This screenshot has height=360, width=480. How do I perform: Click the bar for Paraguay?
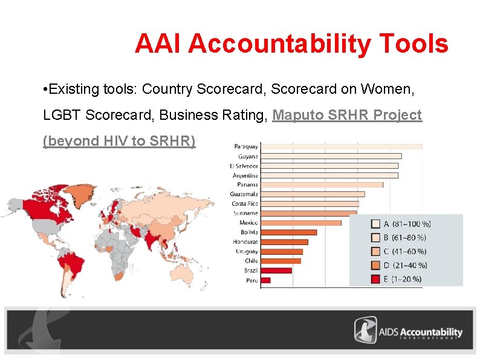(342, 146)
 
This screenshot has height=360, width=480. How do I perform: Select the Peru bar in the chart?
(265, 280)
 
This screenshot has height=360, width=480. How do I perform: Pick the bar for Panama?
(322, 185)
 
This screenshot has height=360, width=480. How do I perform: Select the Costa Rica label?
(245, 204)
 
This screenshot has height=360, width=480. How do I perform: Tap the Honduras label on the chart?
(245, 242)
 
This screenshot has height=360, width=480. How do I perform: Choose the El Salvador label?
(244, 166)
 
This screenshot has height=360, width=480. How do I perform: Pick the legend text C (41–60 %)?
(404, 251)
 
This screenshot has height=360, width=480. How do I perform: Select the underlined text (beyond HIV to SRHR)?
(120, 141)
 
